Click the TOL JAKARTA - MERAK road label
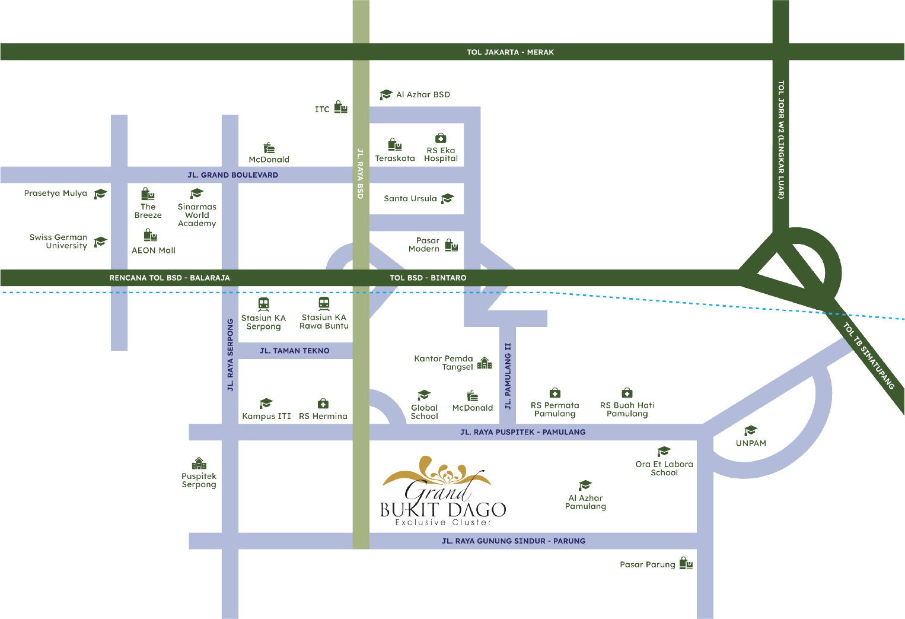click(510, 52)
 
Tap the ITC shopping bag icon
click(340, 107)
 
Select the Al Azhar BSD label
click(423, 94)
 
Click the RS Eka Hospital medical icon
click(441, 138)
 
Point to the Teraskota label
click(395, 158)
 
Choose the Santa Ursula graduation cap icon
click(448, 198)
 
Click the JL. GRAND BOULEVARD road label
click(232, 175)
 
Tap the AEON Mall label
click(154, 250)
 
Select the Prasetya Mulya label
click(56, 193)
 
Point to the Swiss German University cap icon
click(100, 242)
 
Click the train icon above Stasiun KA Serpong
click(264, 304)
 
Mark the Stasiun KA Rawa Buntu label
click(324, 322)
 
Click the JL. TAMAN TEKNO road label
click(294, 351)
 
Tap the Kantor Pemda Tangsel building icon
click(485, 363)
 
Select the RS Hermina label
click(323, 416)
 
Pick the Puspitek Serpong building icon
click(199, 463)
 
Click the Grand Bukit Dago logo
click(443, 492)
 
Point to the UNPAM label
click(751, 443)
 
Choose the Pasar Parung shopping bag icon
click(686, 563)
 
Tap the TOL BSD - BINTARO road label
click(428, 278)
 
